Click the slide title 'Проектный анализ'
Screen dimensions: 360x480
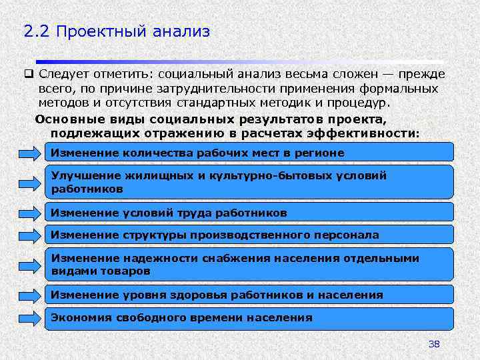(x=133, y=31)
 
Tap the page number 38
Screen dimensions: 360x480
(x=434, y=344)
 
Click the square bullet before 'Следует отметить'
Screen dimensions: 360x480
(x=29, y=74)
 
